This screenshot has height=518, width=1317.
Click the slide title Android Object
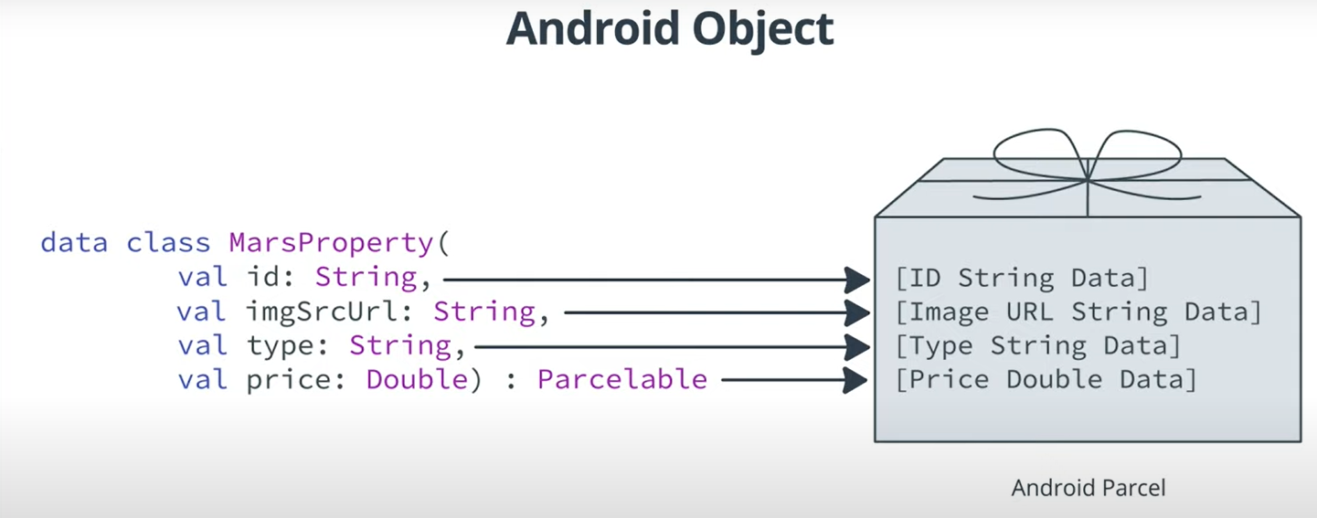pyautogui.click(x=669, y=29)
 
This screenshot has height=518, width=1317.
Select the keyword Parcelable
pyautogui.click(x=621, y=379)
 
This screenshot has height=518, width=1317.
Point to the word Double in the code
pyautogui.click(x=417, y=379)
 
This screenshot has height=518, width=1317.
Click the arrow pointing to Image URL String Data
pyautogui.click(x=717, y=313)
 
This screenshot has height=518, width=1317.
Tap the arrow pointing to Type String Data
pyautogui.click(x=673, y=347)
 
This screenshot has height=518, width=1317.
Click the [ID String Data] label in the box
pyautogui.click(x=1021, y=278)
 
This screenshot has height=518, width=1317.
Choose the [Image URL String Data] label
pyautogui.click(x=1078, y=312)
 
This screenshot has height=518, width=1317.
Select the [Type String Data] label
pyautogui.click(x=1038, y=345)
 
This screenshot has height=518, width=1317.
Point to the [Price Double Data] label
pyautogui.click(x=1046, y=379)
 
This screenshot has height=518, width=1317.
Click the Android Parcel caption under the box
pyautogui.click(x=1089, y=488)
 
